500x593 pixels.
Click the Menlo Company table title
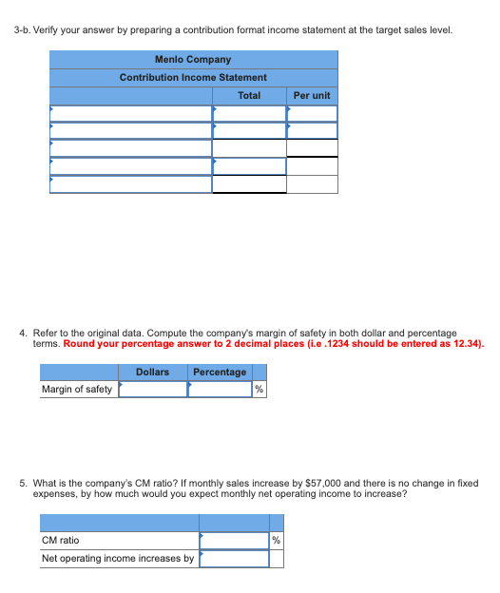click(193, 59)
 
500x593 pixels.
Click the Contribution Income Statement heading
click(193, 77)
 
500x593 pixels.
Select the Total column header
click(249, 95)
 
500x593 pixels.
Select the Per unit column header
click(312, 95)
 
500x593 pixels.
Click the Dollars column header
click(152, 372)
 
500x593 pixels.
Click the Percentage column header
click(220, 372)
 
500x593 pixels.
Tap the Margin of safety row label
click(77, 389)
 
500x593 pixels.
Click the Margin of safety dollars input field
click(152, 389)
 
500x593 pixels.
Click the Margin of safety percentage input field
click(219, 389)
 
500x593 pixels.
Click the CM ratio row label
click(61, 540)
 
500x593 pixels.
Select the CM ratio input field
click(234, 540)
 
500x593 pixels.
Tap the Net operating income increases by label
click(118, 558)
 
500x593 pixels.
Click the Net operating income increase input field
click(234, 558)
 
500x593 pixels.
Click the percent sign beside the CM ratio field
click(277, 541)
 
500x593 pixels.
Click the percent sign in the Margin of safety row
click(259, 390)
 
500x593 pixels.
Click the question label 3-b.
click(24, 29)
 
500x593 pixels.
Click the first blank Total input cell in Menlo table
click(249, 114)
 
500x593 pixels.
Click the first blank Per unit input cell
click(312, 114)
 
